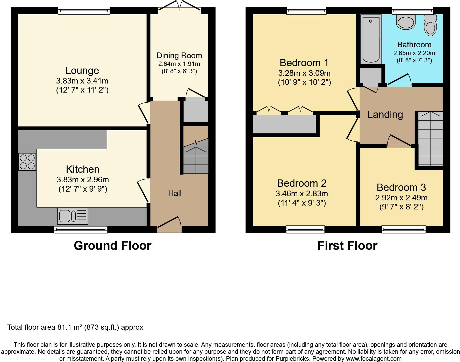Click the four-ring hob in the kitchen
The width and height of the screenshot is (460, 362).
(27, 162)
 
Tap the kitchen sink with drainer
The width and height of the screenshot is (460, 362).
(73, 216)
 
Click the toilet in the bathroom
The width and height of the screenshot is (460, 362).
(430, 25)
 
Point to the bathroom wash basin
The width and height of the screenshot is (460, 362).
(406, 22)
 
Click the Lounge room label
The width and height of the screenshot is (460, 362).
(82, 71)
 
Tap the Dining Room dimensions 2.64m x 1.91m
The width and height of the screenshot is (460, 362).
(179, 64)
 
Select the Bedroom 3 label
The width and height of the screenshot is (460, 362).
(401, 187)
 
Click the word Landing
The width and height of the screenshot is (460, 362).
(385, 115)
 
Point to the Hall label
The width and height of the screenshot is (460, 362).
(175, 193)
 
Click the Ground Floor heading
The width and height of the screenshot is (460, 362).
(112, 246)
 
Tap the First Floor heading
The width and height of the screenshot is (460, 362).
(347, 246)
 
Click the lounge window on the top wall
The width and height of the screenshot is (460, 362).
(84, 11)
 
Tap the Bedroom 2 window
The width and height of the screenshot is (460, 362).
(305, 229)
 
